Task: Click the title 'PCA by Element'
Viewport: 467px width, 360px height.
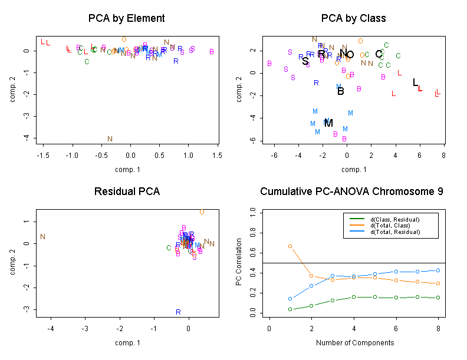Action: (x=127, y=18)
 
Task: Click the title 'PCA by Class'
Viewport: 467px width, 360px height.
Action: (x=353, y=18)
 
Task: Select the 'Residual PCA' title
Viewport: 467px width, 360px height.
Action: (x=127, y=191)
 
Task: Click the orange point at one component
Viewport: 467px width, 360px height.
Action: (x=290, y=246)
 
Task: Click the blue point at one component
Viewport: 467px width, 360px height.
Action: (x=290, y=299)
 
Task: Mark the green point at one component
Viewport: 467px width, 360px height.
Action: (x=290, y=309)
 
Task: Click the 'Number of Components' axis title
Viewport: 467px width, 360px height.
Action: (x=354, y=342)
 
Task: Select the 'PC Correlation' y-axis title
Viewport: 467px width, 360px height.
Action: (x=239, y=262)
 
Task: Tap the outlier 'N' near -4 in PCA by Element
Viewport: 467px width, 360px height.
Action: (x=110, y=139)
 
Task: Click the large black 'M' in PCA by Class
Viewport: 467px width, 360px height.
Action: (x=328, y=123)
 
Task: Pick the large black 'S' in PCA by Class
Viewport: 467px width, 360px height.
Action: (x=305, y=61)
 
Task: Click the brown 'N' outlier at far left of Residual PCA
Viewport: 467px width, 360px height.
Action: (x=42, y=237)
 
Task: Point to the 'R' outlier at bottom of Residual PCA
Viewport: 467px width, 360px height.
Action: (x=177, y=312)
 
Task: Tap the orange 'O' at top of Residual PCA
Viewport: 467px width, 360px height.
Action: (x=202, y=212)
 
